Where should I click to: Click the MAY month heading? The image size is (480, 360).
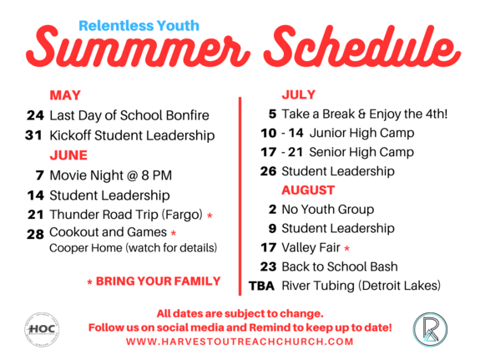[65, 95]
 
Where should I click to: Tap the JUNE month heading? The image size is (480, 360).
[68, 155]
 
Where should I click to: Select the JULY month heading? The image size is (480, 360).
[299, 94]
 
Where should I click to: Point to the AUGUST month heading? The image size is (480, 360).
[308, 190]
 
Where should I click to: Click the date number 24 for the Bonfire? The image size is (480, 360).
[36, 115]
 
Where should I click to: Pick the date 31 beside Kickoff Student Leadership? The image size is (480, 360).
[33, 135]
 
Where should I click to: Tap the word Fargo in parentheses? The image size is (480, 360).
[184, 215]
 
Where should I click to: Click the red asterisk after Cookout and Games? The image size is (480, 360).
[174, 233]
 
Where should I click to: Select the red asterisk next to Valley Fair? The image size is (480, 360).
[346, 248]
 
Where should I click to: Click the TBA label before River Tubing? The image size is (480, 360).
[261, 286]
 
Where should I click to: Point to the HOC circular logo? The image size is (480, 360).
[42, 330]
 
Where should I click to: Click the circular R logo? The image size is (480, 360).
[430, 330]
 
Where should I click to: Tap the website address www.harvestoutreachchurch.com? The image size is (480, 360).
[240, 342]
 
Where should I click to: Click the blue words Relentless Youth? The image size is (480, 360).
[139, 26]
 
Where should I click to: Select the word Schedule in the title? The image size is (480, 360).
[361, 47]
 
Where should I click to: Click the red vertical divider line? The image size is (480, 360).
[240, 196]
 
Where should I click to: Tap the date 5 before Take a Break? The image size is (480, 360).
[272, 114]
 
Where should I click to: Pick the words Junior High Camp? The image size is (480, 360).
[361, 134]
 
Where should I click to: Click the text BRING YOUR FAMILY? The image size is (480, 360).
[159, 281]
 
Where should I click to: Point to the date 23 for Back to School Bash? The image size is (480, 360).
[269, 266]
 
